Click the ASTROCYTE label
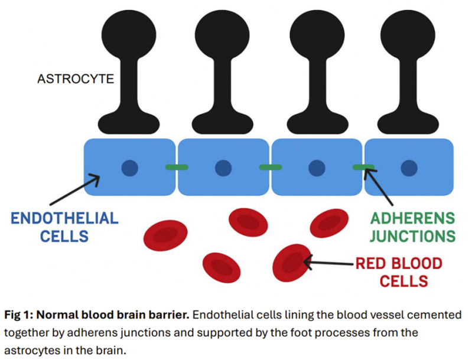click(x=76, y=78)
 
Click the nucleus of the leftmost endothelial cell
click(x=129, y=168)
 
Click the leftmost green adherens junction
click(x=177, y=168)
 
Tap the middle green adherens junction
click(x=270, y=168)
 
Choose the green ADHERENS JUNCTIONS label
click(x=413, y=227)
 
